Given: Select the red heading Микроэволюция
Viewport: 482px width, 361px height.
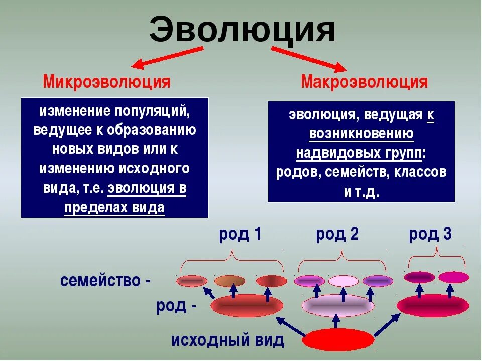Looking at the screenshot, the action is coord(106,82).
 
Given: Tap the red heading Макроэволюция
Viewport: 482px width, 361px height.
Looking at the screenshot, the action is coord(365,82).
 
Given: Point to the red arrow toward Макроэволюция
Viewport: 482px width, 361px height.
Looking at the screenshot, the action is coord(308,58).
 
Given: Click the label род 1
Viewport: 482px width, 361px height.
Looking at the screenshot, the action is coord(240,234).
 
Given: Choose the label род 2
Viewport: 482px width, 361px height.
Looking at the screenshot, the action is coord(337,234).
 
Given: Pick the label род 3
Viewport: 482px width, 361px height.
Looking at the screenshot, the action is coord(430,234).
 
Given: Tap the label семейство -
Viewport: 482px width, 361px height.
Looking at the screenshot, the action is coord(105,281).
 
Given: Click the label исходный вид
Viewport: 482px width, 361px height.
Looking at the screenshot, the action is coord(228,341).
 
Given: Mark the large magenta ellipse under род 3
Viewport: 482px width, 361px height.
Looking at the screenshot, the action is coord(433,305).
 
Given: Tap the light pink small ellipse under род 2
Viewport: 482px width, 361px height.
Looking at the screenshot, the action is coord(343,281).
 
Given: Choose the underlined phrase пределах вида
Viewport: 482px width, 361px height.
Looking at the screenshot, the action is coord(114,208).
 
